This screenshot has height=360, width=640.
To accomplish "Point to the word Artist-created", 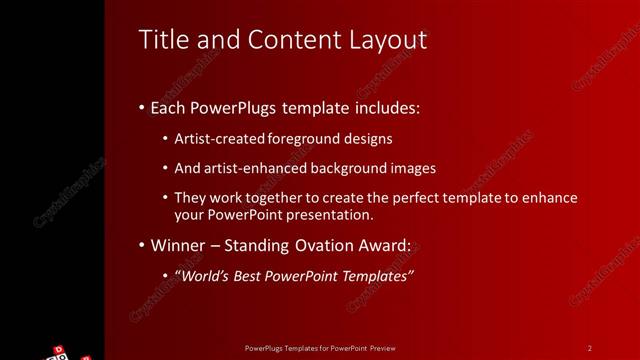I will coord(220,139).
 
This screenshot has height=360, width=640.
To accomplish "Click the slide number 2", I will coord(590,348).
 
